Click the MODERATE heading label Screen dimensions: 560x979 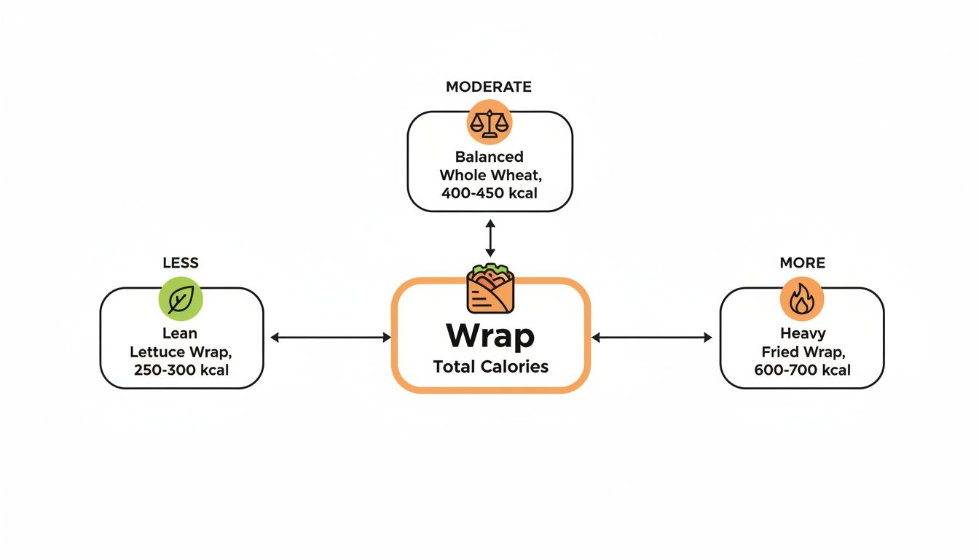coord(489,87)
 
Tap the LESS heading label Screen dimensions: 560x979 coord(181,263)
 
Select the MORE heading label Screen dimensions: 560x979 coord(802,263)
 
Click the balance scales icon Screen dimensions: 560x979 coord(489,122)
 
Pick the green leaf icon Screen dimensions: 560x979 coord(181,299)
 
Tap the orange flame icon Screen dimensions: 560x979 coord(801,299)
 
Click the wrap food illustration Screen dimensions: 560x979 coord(490,288)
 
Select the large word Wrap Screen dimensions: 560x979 coord(490,335)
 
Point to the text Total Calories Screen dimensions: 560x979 coord(490,367)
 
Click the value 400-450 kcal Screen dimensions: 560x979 coord(489,193)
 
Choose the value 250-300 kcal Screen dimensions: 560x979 coord(181,370)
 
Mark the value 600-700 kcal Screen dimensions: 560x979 coord(802,370)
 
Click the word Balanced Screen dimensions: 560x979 coord(489,157)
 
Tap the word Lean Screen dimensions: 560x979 coord(180,334)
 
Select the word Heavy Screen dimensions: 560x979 coord(802,334)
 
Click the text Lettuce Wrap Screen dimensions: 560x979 coord(181,352)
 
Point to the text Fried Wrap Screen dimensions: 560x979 coord(802,352)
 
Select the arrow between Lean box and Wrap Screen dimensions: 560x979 coord(331,337)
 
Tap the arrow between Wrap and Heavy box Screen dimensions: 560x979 coord(652,337)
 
